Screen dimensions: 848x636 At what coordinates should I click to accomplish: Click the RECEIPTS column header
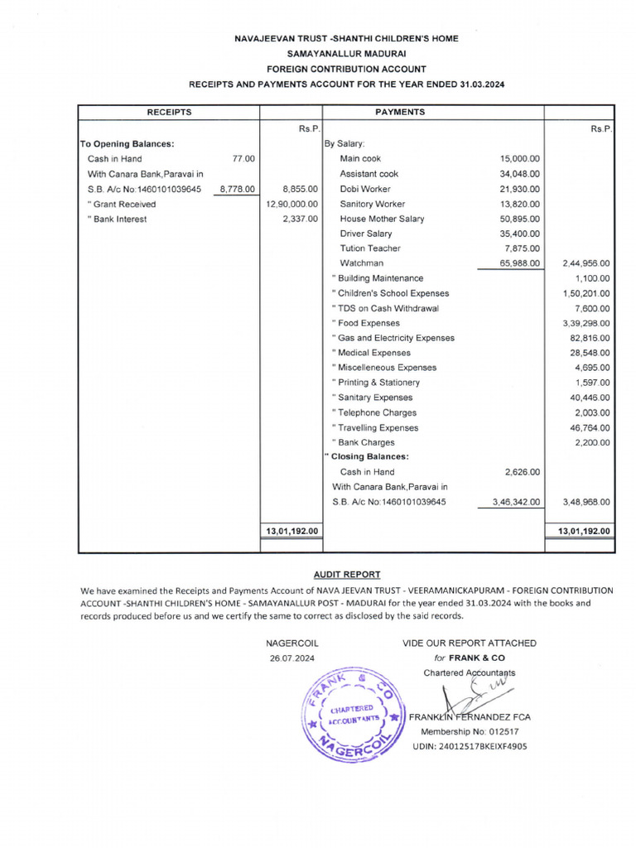click(169, 112)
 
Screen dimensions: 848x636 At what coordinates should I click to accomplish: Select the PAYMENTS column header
click(400, 112)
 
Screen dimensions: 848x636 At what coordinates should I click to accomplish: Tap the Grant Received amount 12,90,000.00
click(291, 204)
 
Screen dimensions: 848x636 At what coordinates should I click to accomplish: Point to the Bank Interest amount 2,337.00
click(300, 219)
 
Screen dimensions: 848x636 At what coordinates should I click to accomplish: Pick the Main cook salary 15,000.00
click(520, 158)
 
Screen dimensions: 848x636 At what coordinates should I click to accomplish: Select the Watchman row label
click(361, 263)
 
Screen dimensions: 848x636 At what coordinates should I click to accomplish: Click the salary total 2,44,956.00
click(585, 263)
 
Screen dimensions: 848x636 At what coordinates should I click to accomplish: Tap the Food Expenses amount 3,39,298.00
click(585, 323)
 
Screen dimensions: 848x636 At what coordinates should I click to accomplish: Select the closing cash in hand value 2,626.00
click(523, 472)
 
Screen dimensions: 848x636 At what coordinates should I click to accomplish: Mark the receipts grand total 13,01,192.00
click(291, 531)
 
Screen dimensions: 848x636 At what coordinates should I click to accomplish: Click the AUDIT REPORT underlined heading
click(347, 574)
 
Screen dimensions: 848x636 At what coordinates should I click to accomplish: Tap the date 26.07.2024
click(291, 658)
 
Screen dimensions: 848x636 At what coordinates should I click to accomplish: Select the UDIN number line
click(470, 746)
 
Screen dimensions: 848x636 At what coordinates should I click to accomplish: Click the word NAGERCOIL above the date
click(291, 643)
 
